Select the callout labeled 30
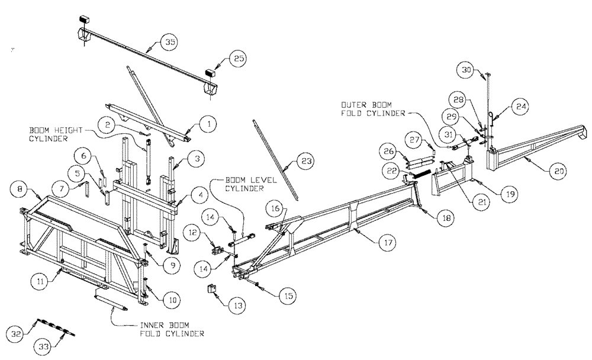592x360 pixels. pyautogui.click(x=468, y=70)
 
